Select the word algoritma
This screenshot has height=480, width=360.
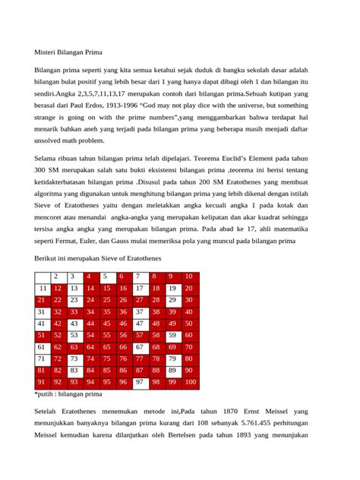pyautogui.click(x=52, y=193)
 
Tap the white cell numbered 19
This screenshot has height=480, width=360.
pyautogui.click(x=173, y=289)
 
